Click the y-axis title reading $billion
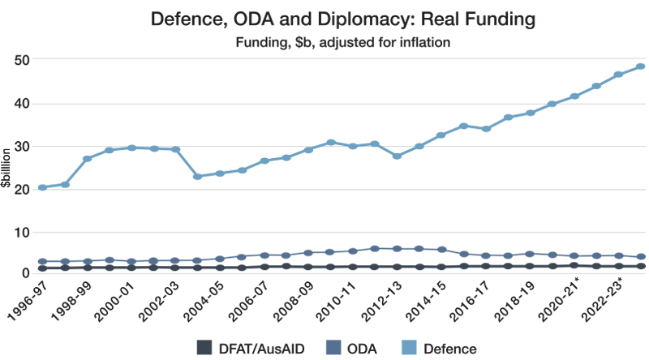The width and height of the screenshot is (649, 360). tap(5, 169)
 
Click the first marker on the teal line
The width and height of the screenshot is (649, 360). tap(41, 186)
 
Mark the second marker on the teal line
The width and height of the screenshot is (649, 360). tap(64, 183)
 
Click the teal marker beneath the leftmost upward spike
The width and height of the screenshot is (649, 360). tap(131, 149)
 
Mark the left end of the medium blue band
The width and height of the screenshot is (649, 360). tap(33, 255)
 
